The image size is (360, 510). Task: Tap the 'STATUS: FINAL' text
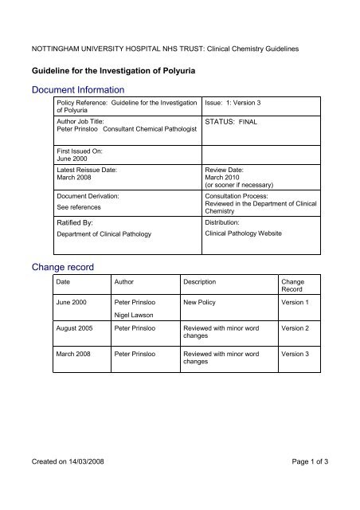click(230, 124)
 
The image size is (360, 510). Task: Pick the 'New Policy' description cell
click(202, 304)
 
